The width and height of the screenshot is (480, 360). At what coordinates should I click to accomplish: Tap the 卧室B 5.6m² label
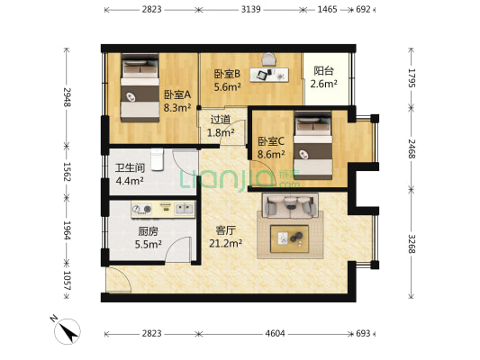coord(227,81)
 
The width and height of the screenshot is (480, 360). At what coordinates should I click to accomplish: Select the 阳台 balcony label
coord(323,77)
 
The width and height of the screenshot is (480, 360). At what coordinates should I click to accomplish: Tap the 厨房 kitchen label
coord(123,237)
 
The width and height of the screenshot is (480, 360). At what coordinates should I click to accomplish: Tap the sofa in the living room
coord(288,207)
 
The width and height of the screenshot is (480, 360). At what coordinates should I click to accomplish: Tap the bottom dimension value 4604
coord(274,333)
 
